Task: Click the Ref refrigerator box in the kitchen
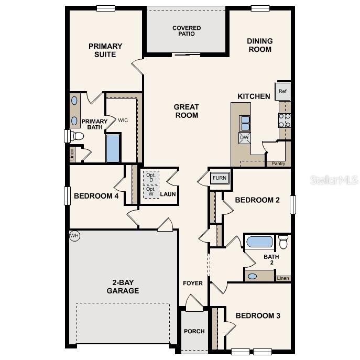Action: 283,92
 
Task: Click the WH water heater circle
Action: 74,236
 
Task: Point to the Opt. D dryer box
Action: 151,177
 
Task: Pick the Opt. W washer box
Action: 151,191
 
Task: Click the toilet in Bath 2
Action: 283,242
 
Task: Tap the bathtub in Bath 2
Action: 259,242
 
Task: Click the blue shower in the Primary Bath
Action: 113,148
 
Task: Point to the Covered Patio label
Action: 187,31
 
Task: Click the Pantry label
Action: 278,164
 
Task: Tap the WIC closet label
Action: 123,121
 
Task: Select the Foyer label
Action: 193,283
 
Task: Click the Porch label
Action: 194,331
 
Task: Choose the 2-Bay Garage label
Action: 123,286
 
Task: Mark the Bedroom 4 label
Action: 96,196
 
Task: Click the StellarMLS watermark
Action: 334,180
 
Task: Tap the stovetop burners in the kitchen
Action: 285,121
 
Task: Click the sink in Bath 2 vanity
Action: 253,276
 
